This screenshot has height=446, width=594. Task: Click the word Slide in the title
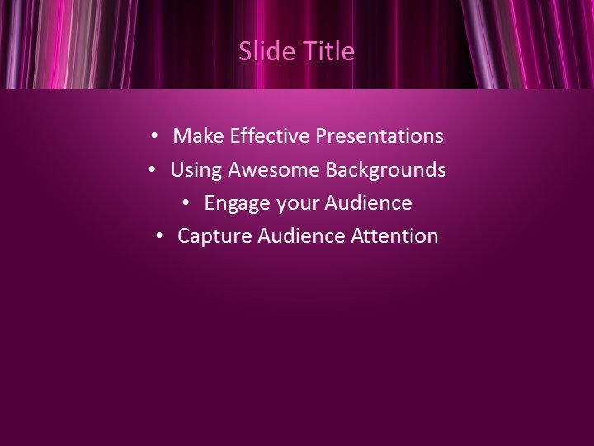coord(267,51)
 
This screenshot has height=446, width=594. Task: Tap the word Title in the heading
coord(329,51)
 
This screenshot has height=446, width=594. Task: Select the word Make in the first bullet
coord(198,135)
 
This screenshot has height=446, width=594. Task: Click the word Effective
coord(270,135)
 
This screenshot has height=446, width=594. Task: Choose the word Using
coord(196,169)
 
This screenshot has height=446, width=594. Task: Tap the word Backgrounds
coord(385,169)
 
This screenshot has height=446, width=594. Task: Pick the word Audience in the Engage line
coord(368,202)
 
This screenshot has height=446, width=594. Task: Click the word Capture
coord(214,236)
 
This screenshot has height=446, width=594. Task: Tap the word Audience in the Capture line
coord(301,235)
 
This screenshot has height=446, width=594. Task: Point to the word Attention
coord(394,235)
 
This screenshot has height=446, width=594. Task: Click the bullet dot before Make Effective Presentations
coord(153,135)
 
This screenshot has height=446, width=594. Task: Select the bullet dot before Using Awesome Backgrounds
coord(152,169)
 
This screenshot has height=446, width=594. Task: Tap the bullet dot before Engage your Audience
coord(186,202)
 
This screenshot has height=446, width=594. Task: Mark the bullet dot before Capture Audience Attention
coord(159,236)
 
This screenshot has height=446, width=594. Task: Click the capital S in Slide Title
coord(246,51)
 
